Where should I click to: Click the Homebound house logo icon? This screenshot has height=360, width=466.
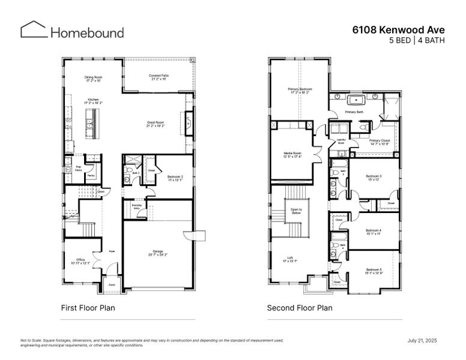point(34,30)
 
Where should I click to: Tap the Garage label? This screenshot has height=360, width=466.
point(159,253)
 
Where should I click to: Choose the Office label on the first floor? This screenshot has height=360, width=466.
point(80,261)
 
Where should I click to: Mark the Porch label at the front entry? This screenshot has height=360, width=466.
point(112,286)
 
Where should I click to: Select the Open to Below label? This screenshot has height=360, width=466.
point(297,211)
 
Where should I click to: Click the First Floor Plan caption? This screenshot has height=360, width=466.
point(88,308)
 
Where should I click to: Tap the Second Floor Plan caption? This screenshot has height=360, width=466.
point(300,308)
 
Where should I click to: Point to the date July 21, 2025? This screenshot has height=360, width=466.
point(422,340)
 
